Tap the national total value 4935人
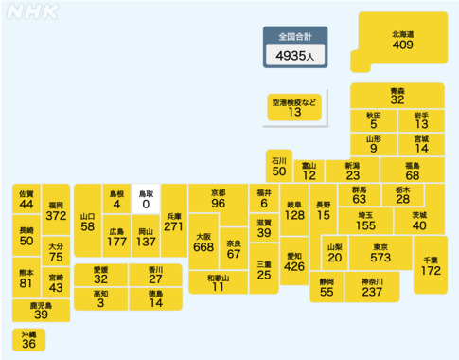click(295, 57)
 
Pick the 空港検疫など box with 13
click(294, 106)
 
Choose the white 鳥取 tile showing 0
click(146, 198)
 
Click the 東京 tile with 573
click(380, 252)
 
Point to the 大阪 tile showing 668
click(203, 243)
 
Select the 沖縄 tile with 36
click(28, 339)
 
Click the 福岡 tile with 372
click(55, 210)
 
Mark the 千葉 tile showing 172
click(432, 264)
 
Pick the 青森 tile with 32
click(397, 95)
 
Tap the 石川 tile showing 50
click(278, 166)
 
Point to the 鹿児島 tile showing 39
click(41, 311)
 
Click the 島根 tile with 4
click(116, 198)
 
